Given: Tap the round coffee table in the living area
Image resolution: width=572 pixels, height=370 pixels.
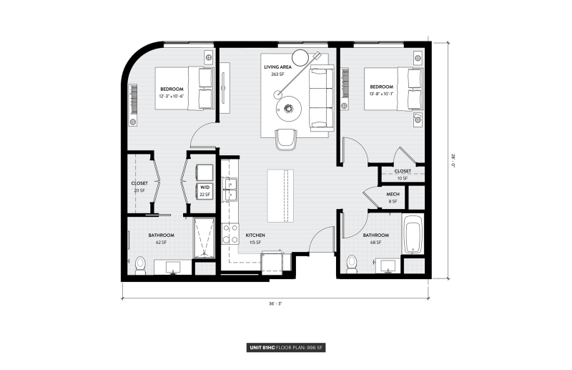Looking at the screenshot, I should tap(290, 109).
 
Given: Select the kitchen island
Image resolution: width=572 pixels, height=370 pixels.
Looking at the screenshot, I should tap(280, 196).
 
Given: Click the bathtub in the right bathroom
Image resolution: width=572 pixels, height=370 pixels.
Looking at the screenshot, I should tap(415, 235).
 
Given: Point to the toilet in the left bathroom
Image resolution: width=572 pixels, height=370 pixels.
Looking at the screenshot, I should tap(140, 266).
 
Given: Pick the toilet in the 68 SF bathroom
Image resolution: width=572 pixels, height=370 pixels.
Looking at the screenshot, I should tap(350, 266).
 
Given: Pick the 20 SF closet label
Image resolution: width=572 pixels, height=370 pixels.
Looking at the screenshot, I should tap(139, 187).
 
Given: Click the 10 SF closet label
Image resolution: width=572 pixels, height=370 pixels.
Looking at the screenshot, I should tap(403, 175).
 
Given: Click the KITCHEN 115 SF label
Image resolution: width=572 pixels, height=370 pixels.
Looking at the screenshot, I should tap(255, 239).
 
